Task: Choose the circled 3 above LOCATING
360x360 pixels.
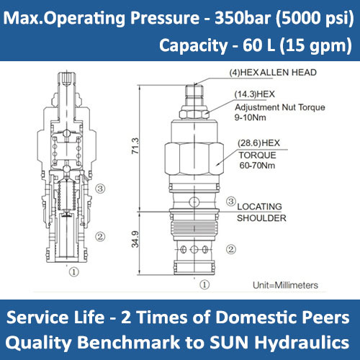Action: tap(230, 202)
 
